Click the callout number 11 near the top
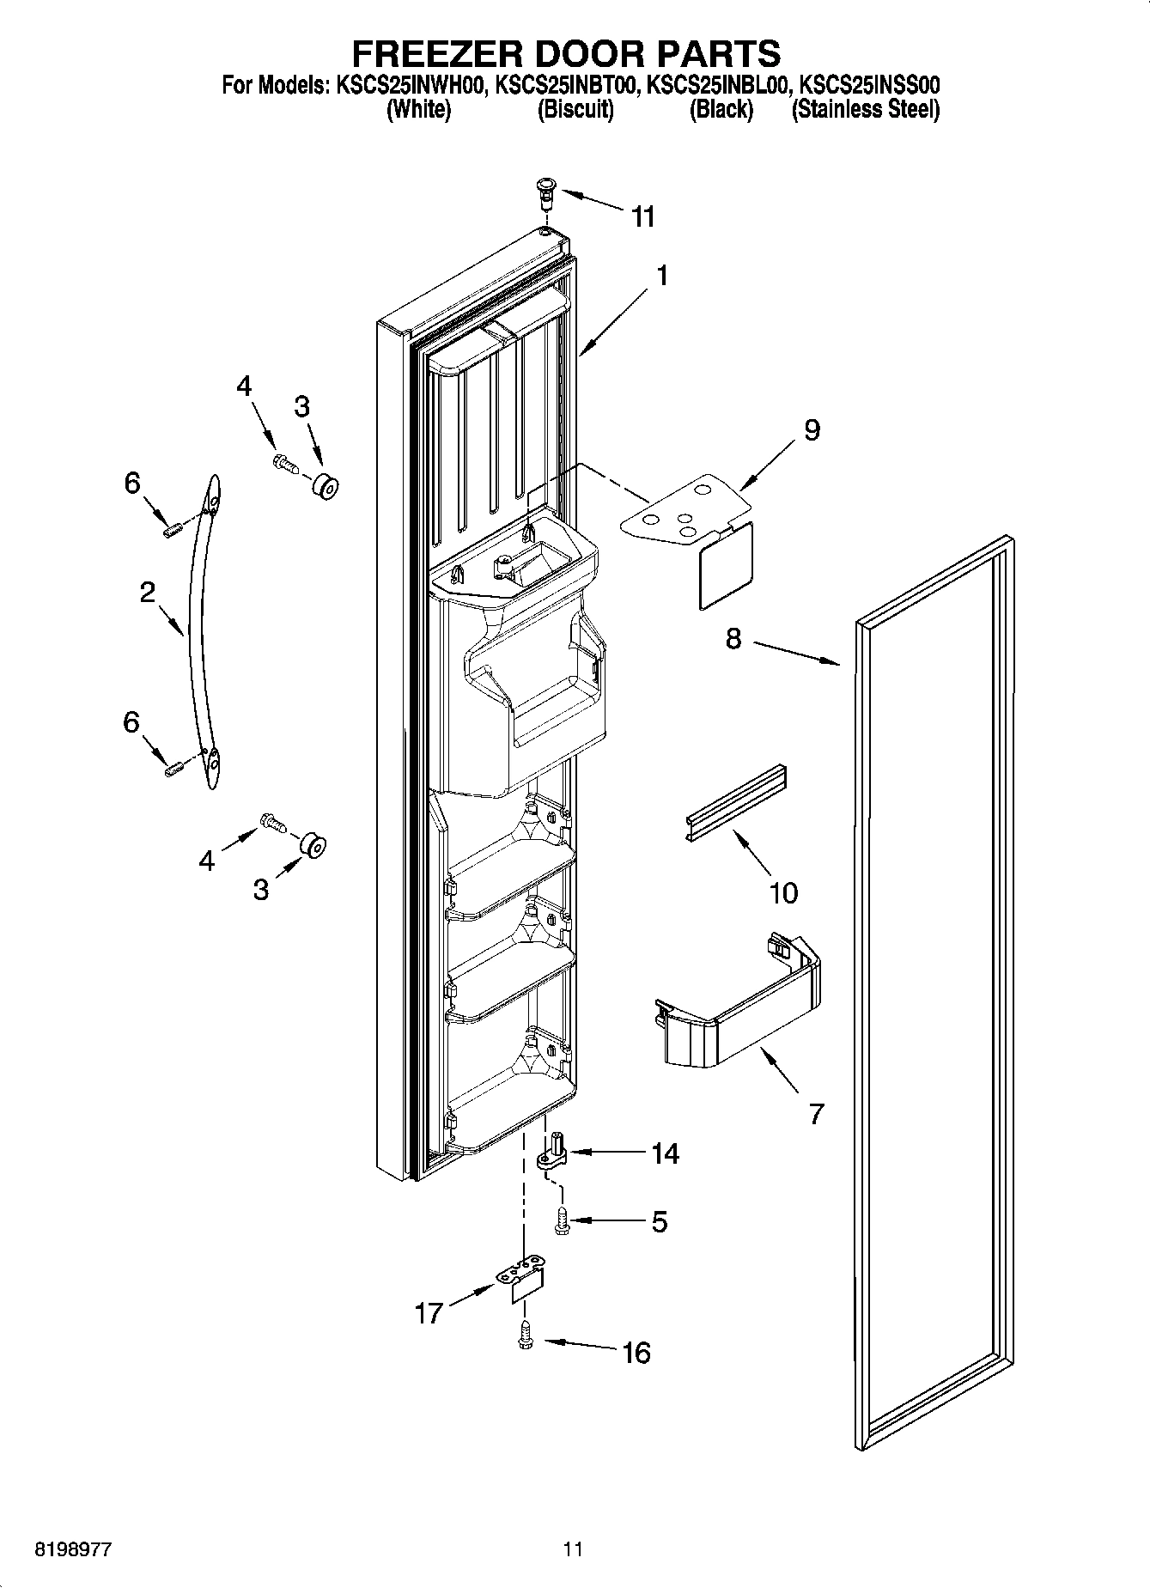(x=642, y=216)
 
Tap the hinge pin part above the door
(x=545, y=191)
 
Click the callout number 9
(x=811, y=429)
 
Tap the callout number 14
(x=664, y=1153)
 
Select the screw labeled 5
(x=562, y=1220)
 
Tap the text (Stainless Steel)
(x=865, y=110)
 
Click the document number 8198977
(x=73, y=1549)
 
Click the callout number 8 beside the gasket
(x=733, y=639)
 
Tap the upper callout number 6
(x=131, y=484)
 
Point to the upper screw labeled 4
(x=284, y=465)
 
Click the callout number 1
(x=661, y=275)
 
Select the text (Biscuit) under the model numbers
(x=575, y=110)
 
